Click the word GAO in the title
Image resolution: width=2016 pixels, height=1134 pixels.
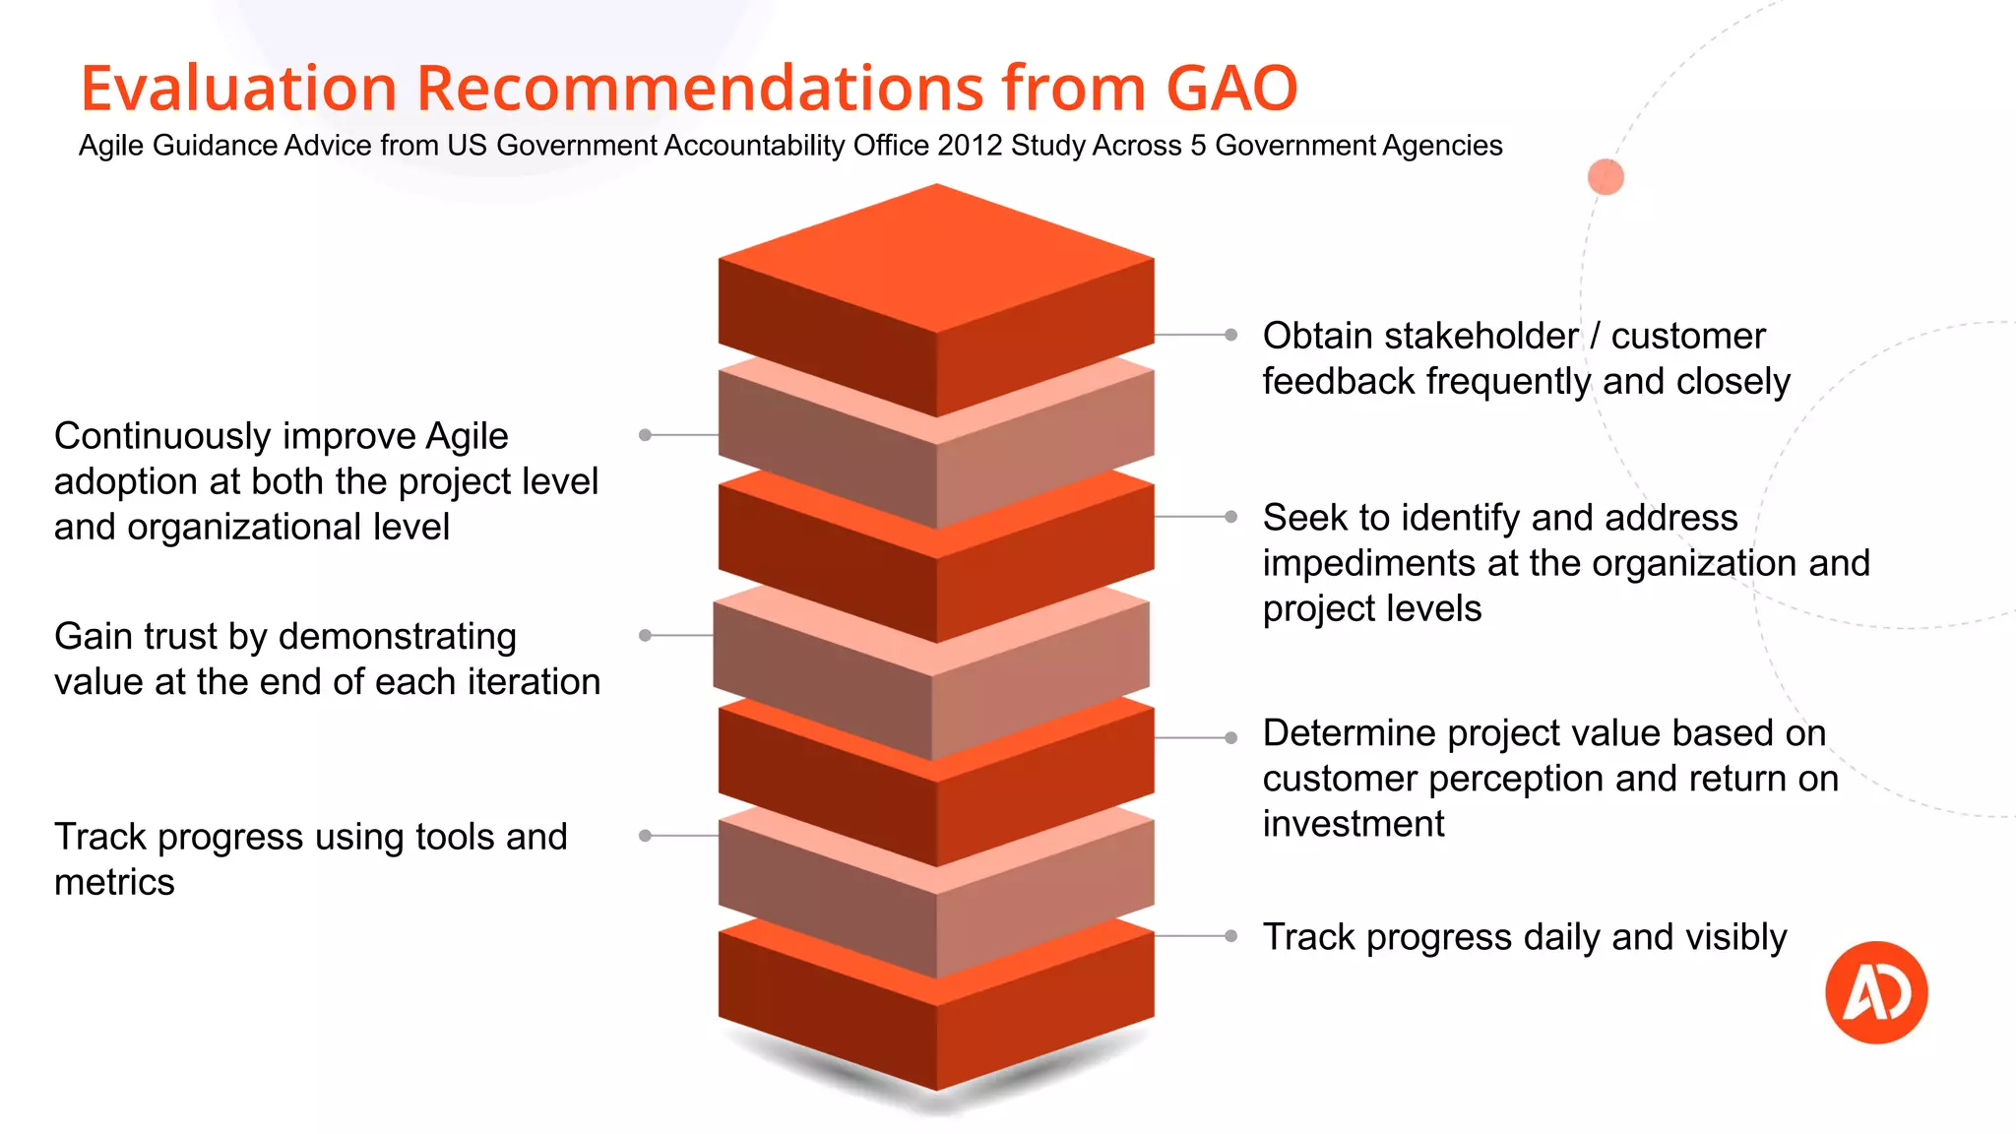tap(1231, 89)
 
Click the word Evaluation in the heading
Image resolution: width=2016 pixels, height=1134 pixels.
tap(237, 89)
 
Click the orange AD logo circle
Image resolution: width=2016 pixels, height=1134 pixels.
tap(1876, 992)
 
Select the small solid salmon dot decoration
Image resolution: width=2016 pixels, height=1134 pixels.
tap(1606, 177)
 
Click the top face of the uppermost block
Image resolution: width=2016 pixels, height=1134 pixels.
tap(936, 258)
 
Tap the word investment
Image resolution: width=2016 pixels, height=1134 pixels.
tap(1354, 824)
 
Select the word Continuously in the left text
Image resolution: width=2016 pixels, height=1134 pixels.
tap(162, 436)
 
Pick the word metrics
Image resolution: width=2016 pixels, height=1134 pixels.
tap(114, 883)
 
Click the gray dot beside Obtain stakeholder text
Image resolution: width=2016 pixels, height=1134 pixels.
tap(1230, 335)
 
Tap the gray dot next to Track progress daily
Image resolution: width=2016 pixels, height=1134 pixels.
tap(1230, 936)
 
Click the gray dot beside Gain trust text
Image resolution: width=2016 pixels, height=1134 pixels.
tap(645, 636)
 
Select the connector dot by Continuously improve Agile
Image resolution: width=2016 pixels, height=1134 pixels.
tap(645, 435)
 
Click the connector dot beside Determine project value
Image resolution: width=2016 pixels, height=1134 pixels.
tap(1230, 737)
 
